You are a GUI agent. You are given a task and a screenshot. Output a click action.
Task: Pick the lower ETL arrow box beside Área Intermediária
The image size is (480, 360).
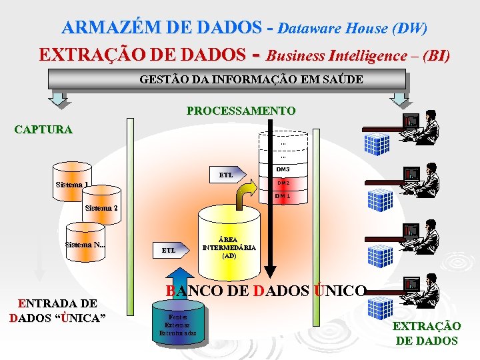(x=170, y=250)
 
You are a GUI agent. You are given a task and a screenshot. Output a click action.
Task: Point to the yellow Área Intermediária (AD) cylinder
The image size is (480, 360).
(x=229, y=243)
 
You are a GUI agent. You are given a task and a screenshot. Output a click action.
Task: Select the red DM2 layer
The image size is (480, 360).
(x=283, y=183)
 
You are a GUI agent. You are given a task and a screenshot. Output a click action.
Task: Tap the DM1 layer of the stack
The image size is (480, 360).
(x=283, y=196)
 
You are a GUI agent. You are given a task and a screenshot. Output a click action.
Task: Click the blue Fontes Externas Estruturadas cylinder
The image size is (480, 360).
(x=178, y=324)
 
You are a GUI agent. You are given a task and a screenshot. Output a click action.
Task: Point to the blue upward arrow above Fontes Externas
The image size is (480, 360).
(x=178, y=284)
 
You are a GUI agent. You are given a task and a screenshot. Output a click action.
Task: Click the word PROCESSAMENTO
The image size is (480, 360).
(x=241, y=110)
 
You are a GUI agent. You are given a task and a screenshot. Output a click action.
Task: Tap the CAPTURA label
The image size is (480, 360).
(x=43, y=129)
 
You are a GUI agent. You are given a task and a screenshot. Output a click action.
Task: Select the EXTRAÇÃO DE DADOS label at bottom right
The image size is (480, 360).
(x=427, y=333)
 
